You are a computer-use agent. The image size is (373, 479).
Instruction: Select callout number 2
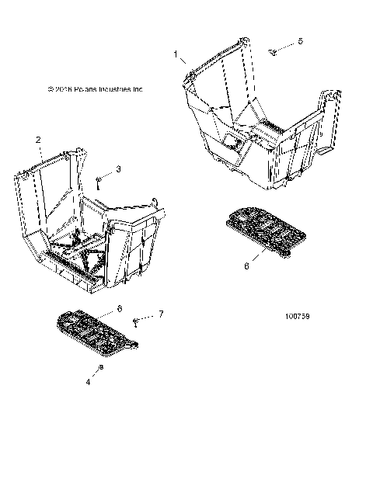click(38, 140)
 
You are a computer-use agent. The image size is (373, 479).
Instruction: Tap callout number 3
click(118, 168)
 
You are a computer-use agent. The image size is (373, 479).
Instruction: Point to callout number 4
click(88, 381)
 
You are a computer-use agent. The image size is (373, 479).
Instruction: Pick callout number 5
click(301, 40)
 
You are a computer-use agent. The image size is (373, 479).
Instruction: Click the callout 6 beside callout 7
click(119, 308)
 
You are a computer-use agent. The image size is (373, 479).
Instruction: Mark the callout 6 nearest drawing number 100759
click(247, 266)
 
